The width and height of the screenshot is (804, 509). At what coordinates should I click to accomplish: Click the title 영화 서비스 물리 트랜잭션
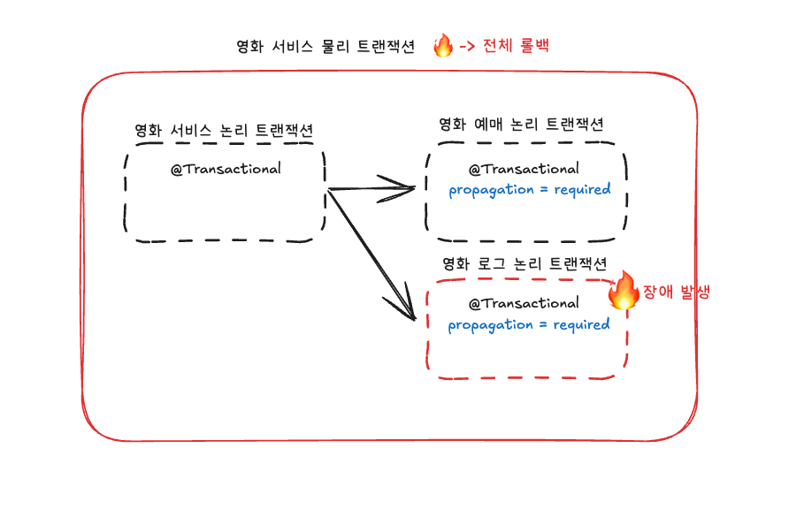coord(325,47)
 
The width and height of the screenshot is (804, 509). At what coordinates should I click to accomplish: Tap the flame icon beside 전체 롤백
coord(443,45)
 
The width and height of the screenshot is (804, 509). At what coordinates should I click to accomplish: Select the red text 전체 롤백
coord(516,46)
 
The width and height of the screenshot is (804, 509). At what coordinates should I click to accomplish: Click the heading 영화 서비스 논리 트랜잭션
coord(224,130)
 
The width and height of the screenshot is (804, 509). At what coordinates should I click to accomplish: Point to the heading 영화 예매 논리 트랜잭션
coord(522,125)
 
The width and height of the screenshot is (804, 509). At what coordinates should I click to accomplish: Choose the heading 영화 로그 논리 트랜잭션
coord(525,263)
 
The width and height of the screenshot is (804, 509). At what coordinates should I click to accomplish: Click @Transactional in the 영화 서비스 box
coord(226,169)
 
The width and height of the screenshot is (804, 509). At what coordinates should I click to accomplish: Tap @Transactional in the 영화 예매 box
coord(524,169)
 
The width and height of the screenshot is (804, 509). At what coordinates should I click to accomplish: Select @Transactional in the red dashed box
coord(524,304)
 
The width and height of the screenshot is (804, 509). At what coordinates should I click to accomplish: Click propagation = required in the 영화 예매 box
coord(529,190)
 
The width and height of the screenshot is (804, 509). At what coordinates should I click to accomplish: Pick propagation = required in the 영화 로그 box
coord(528,325)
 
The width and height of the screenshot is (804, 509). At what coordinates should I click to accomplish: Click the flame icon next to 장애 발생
coord(624,290)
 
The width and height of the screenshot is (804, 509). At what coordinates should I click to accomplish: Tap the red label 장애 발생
coord(676,292)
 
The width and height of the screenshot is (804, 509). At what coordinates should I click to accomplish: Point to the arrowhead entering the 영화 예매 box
coord(407,186)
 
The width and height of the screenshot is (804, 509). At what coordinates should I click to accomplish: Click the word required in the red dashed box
coord(581,325)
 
